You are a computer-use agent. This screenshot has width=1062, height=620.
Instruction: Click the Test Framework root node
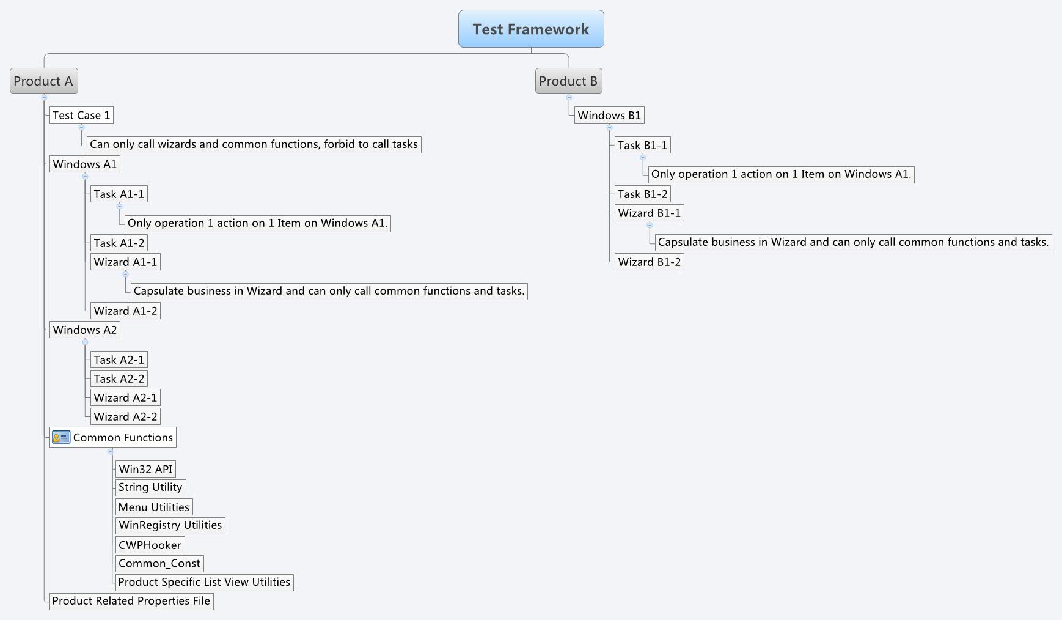(x=531, y=29)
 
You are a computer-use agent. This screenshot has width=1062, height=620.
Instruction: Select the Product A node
(x=43, y=81)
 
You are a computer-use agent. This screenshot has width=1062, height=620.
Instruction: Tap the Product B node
(x=568, y=81)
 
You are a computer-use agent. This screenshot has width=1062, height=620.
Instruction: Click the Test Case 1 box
(x=81, y=115)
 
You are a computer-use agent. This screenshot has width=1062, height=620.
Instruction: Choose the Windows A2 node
(x=84, y=330)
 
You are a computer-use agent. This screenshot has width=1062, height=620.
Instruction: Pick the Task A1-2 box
(x=119, y=243)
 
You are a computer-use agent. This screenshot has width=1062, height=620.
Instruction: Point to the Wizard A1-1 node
(x=125, y=262)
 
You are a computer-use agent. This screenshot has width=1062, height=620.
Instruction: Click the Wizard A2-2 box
(x=125, y=416)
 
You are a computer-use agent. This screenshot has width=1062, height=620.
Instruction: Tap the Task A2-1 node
(x=119, y=360)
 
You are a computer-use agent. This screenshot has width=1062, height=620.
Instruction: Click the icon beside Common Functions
(x=60, y=437)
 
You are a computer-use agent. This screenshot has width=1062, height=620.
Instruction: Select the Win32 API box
(x=145, y=469)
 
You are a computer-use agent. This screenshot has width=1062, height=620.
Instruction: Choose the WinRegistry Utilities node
(x=170, y=525)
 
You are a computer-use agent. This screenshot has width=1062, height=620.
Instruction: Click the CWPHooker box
(x=150, y=545)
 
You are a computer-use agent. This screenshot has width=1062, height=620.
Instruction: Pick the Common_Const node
(x=159, y=563)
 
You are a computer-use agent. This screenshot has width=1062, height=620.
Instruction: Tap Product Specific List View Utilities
(x=204, y=582)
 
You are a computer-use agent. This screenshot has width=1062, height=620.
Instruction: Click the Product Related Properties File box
(x=131, y=601)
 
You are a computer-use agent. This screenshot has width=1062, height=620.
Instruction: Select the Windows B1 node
(x=609, y=115)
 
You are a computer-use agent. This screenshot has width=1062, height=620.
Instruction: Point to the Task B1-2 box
(x=643, y=194)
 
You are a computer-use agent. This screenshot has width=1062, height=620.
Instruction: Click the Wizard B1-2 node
(x=649, y=262)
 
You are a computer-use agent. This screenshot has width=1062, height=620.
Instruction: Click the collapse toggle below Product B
(x=569, y=97)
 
